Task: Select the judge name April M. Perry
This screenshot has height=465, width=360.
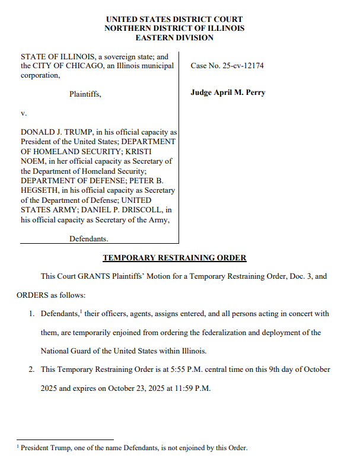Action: pos(228,93)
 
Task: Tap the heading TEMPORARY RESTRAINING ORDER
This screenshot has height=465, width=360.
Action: pos(174,258)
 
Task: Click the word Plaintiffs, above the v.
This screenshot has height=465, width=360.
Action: pos(85,94)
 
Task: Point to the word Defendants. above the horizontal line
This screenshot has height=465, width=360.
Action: pos(89,238)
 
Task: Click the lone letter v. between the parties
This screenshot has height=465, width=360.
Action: pos(24,112)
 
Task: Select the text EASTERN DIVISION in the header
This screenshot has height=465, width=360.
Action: pos(174,37)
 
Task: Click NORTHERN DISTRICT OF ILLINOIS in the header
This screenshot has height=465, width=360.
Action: pos(174,28)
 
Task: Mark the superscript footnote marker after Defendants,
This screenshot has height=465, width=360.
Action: pos(81,311)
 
